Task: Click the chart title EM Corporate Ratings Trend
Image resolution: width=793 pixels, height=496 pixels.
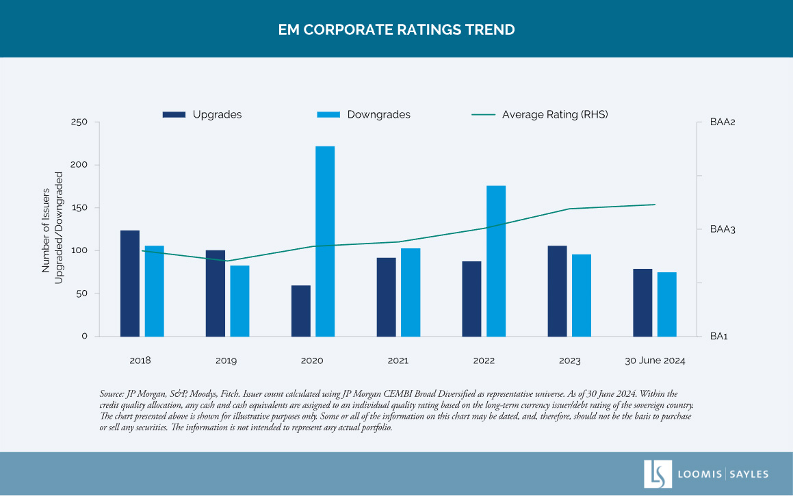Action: (396, 30)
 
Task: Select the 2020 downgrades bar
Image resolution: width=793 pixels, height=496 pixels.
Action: (325, 241)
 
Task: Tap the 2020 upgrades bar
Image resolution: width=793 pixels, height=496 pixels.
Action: (301, 311)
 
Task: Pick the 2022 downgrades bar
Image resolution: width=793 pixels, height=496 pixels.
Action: (496, 261)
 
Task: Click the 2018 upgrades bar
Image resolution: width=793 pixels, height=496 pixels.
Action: (130, 283)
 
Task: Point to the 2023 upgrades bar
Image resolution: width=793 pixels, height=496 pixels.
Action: (557, 291)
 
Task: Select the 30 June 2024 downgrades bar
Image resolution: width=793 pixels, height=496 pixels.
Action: (667, 304)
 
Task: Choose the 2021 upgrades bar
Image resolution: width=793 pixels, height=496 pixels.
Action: (386, 297)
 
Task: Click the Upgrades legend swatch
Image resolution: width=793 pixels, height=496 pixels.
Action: (174, 115)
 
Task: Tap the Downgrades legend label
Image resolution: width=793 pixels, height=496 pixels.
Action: (378, 115)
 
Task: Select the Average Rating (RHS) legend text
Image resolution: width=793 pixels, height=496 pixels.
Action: (555, 115)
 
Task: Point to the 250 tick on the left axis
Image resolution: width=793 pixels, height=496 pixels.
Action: (81, 122)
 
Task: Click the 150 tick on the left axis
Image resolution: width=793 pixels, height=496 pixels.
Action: (81, 208)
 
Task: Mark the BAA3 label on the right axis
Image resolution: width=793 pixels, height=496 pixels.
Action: (723, 229)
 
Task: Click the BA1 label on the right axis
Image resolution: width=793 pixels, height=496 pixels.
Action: (718, 337)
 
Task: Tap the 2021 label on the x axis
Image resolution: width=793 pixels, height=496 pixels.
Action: (398, 361)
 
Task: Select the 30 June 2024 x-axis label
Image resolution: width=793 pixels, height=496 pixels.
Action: (655, 361)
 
